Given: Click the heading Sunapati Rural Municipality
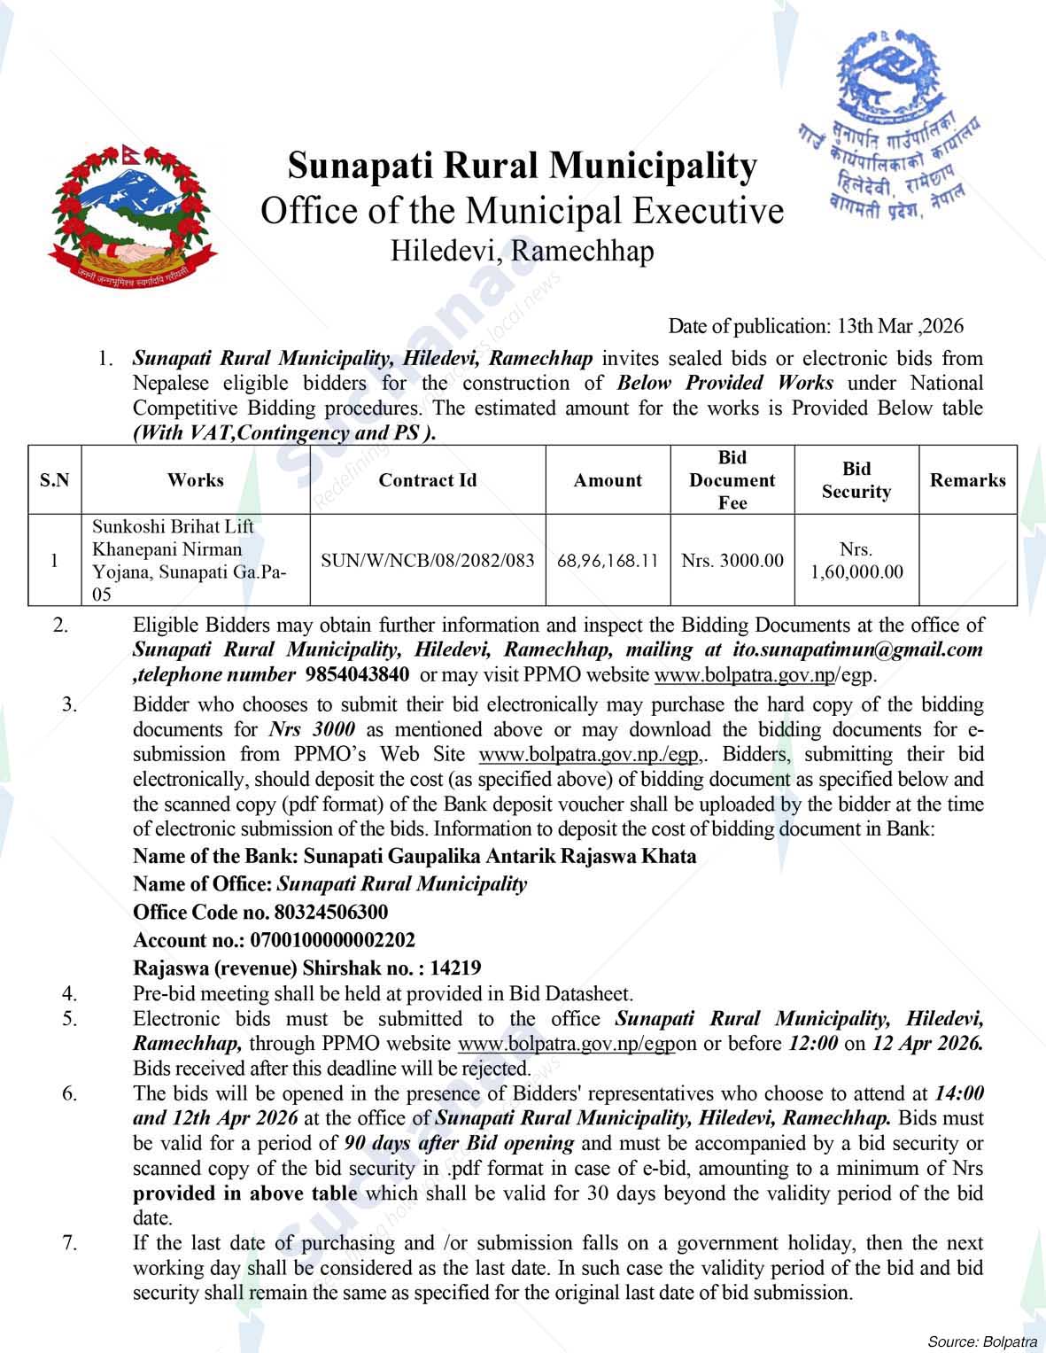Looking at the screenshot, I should click(x=523, y=166).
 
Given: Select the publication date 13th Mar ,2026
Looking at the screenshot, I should click(x=900, y=326).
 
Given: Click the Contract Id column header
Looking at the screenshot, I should click(x=427, y=480).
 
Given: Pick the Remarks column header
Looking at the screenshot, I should click(x=967, y=480).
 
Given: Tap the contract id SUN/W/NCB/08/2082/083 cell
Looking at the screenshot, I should click(x=427, y=561).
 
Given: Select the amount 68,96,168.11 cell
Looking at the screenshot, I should click(x=608, y=561).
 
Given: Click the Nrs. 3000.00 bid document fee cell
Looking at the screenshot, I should click(x=732, y=561).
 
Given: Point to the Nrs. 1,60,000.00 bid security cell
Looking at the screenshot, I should click(x=856, y=561).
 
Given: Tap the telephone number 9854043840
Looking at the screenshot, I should click(x=357, y=674).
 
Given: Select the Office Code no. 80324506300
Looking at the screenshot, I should click(x=260, y=912).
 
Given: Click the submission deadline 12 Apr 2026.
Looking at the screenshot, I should click(x=927, y=1043).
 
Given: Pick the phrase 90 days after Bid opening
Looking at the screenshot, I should click(x=459, y=1143).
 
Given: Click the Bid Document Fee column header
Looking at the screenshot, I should click(x=732, y=480).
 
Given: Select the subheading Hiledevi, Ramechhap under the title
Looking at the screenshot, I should click(x=523, y=252).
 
